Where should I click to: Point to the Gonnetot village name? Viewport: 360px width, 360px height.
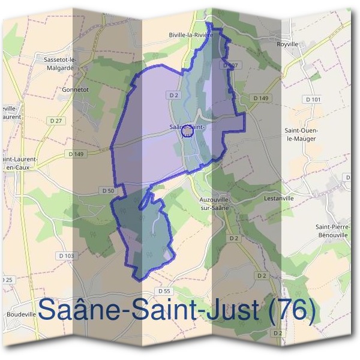pyautogui.click(x=76, y=89)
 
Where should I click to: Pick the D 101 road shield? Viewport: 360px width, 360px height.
pyautogui.click(x=313, y=99)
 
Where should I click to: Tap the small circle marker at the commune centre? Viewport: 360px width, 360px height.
pyautogui.click(x=187, y=130)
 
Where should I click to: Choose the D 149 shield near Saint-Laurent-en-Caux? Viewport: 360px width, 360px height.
pyautogui.click(x=77, y=154)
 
